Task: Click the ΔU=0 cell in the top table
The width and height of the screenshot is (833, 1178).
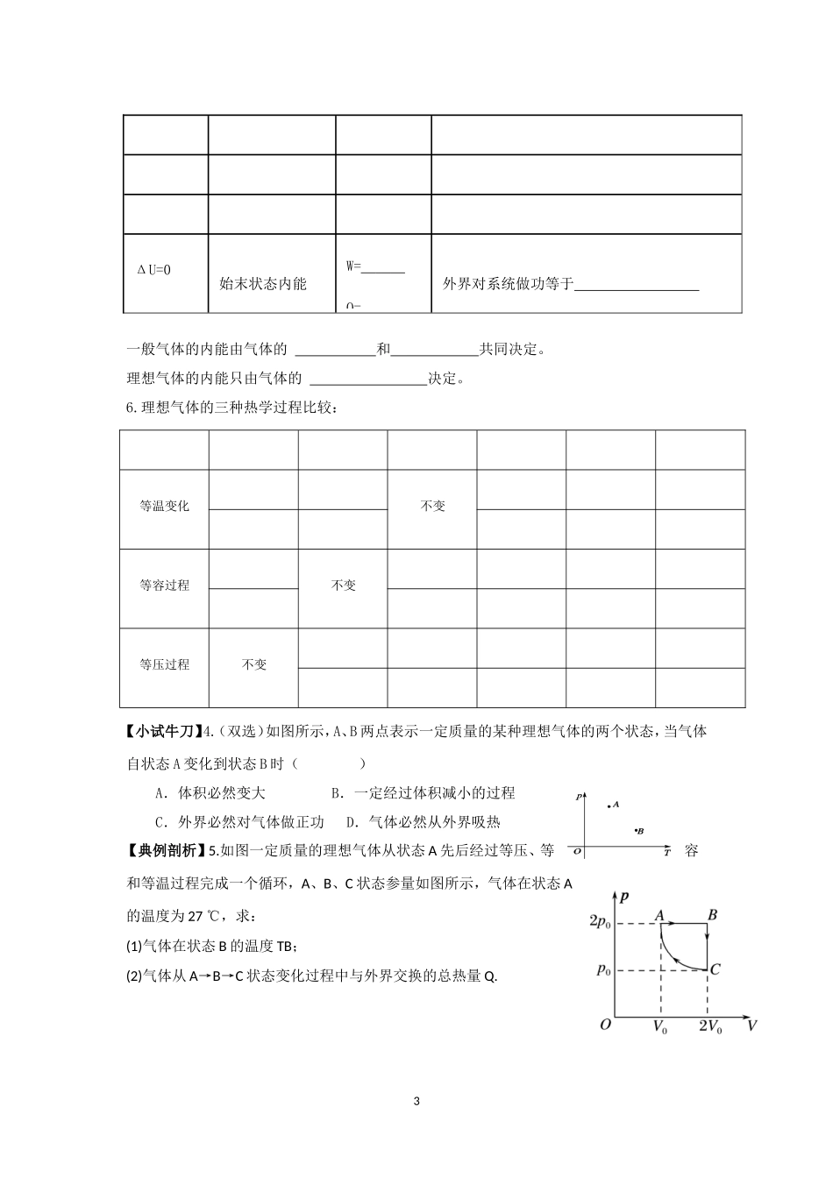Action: click(154, 270)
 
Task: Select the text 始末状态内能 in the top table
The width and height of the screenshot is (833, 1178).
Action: click(263, 284)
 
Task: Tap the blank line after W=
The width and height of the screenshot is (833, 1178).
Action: click(383, 267)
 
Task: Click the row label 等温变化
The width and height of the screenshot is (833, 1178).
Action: click(164, 507)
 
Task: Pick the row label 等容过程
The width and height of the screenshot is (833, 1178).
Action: click(164, 585)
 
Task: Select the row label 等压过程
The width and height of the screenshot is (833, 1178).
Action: click(164, 664)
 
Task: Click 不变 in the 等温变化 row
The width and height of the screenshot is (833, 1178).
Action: click(432, 507)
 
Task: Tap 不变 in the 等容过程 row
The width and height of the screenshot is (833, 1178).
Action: click(343, 585)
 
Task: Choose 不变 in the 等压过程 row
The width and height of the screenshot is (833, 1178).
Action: click(253, 664)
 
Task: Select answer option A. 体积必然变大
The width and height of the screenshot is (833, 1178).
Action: click(210, 793)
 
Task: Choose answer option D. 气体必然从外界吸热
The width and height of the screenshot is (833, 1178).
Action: click(423, 822)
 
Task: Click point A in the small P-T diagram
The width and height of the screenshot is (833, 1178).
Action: click(609, 805)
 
